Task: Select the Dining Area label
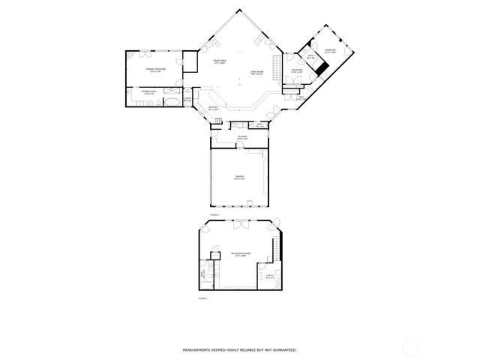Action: click(x=220, y=61)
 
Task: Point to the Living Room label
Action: click(x=256, y=73)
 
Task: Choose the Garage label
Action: click(x=239, y=178)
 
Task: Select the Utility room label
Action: click(x=268, y=278)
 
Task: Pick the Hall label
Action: click(x=301, y=97)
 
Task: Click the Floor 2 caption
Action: click(x=213, y=215)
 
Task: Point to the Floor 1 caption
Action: click(x=202, y=298)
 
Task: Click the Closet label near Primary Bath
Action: click(x=188, y=98)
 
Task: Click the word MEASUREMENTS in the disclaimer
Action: click(x=201, y=349)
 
